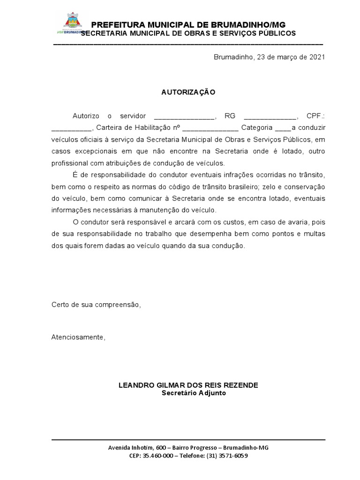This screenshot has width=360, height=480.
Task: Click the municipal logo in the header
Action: (71, 25)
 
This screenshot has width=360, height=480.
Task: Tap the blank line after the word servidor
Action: (184, 116)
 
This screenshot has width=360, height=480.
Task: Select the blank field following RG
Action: (270, 116)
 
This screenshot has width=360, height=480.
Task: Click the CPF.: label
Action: (315, 116)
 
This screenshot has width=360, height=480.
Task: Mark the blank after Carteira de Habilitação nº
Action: (210, 127)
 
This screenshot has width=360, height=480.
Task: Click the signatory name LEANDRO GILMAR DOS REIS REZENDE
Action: (188, 385)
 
